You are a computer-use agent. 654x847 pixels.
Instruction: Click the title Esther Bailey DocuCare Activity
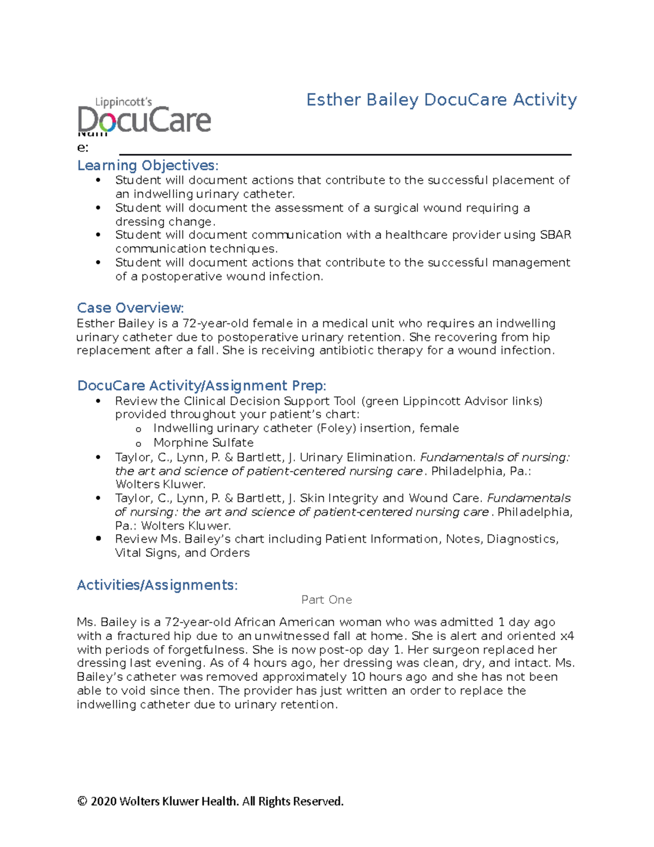(441, 100)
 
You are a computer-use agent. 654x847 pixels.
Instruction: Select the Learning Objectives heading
(148, 165)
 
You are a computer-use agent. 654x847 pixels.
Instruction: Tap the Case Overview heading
(130, 308)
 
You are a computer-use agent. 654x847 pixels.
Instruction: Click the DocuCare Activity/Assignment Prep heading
(202, 386)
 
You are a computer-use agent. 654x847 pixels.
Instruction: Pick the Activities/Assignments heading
(157, 585)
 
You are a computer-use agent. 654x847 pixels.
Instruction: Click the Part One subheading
(326, 600)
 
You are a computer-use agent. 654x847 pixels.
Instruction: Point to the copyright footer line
(210, 801)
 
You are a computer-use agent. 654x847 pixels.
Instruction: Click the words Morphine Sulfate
(203, 442)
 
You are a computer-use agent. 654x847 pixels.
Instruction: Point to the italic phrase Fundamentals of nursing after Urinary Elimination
(494, 457)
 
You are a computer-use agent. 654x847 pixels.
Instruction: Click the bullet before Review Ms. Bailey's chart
(98, 538)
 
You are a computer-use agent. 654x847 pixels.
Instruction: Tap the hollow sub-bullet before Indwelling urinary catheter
(138, 430)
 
